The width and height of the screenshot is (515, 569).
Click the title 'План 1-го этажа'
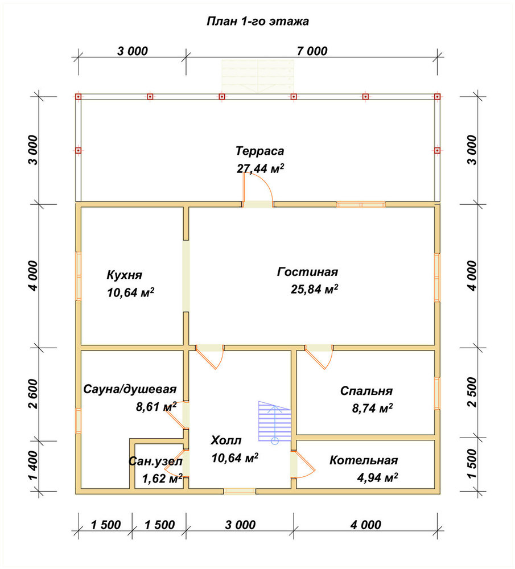(258, 21)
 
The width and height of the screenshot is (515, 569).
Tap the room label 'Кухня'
(125, 275)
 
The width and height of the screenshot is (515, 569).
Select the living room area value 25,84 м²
(314, 289)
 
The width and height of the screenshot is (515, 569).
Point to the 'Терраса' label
(260, 151)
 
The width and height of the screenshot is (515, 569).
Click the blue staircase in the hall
(275, 421)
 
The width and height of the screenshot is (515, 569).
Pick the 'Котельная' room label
(364, 460)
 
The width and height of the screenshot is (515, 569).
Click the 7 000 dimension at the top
(312, 51)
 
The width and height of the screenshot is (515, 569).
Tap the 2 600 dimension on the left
(33, 394)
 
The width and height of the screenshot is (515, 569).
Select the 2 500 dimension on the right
(472, 392)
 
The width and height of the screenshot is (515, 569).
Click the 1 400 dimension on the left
(33, 465)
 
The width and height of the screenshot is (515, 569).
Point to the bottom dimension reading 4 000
(366, 525)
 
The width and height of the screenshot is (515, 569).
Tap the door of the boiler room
(303, 465)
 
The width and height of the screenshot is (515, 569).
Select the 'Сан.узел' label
(155, 461)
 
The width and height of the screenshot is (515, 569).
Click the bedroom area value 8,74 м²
(372, 408)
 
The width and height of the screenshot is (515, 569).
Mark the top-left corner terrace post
(78, 97)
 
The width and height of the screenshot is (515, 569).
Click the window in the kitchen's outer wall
(78, 276)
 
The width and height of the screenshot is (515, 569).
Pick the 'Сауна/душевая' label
(130, 389)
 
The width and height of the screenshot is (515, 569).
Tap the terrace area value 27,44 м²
(260, 168)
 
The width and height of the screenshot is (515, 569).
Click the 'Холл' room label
(226, 440)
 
